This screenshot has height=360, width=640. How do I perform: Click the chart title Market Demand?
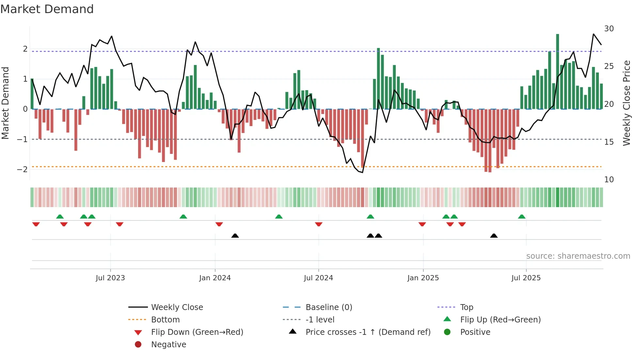pyautogui.click(x=47, y=9)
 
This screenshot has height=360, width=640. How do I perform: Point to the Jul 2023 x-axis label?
pyautogui.click(x=110, y=278)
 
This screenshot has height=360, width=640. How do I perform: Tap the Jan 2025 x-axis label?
pyautogui.click(x=423, y=278)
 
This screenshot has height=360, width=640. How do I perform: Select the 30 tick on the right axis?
pyautogui.click(x=609, y=29)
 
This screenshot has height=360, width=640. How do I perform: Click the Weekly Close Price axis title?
pyautogui.click(x=626, y=103)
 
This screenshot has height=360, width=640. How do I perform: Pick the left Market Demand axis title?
pyautogui.click(x=5, y=103)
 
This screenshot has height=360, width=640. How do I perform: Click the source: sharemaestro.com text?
pyautogui.click(x=578, y=256)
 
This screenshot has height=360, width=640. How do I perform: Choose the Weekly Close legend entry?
pyautogui.click(x=177, y=307)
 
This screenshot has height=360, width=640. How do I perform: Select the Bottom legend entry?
pyautogui.click(x=165, y=319)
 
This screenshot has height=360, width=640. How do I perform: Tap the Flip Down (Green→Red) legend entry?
pyautogui.click(x=197, y=332)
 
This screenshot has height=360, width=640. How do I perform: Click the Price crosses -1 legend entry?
pyautogui.click(x=368, y=332)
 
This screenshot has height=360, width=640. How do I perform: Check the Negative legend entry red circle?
pyautogui.click(x=138, y=344)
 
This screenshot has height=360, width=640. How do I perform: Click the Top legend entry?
pyautogui.click(x=467, y=307)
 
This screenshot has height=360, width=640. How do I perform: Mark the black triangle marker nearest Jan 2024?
pyautogui.click(x=235, y=236)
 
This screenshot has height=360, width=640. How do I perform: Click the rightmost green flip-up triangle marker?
pyautogui.click(x=521, y=217)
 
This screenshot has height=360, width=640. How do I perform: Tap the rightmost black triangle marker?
pyautogui.click(x=494, y=236)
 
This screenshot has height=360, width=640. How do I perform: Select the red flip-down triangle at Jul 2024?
pyautogui.click(x=319, y=224)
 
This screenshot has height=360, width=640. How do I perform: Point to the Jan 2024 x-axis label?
pyautogui.click(x=215, y=278)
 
